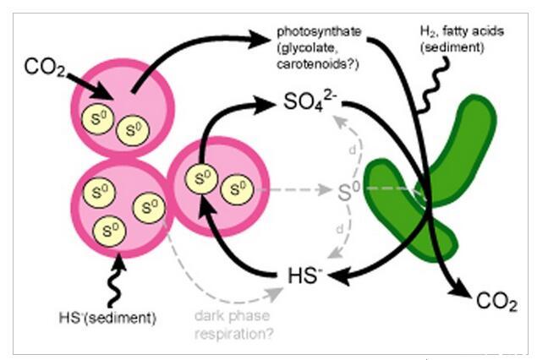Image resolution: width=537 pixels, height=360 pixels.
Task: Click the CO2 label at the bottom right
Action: point(496,302)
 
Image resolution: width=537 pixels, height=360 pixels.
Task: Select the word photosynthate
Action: point(319,32)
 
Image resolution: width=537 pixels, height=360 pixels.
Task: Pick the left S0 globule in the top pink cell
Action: point(97,116)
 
